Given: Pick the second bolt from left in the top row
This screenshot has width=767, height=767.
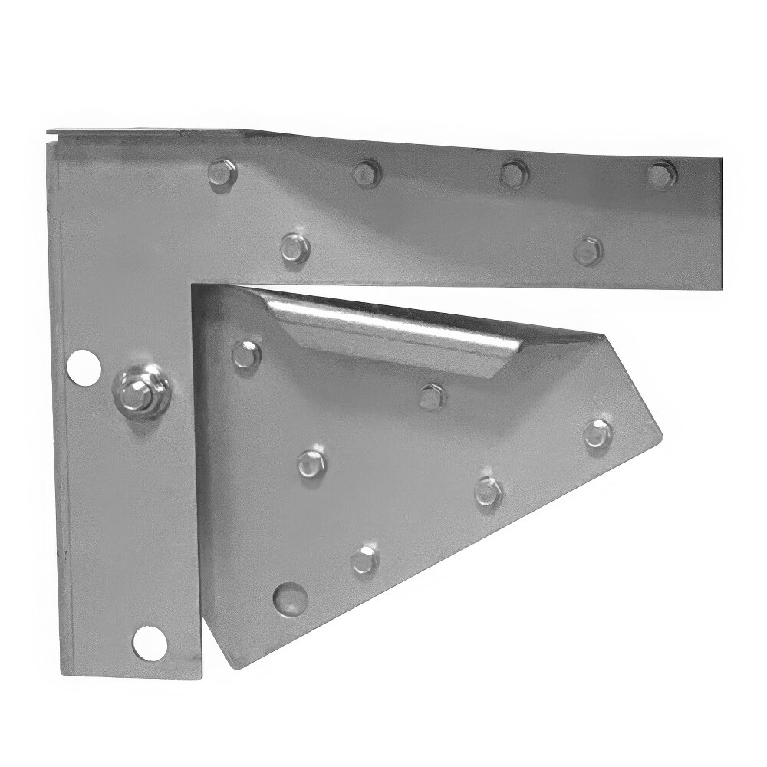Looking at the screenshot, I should tap(367, 173).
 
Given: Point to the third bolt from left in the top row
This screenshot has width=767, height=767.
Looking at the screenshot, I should tap(512, 173).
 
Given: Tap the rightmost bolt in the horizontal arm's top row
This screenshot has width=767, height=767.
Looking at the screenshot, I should tap(661, 173).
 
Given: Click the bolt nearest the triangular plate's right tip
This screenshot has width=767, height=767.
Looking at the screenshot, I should tap(597, 433).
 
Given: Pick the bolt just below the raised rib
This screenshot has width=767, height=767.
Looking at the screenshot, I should tap(433, 396).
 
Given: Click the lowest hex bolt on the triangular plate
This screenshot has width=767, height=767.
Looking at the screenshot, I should tap(364, 560).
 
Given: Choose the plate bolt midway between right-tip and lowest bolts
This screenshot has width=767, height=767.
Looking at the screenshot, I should tap(488, 491).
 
